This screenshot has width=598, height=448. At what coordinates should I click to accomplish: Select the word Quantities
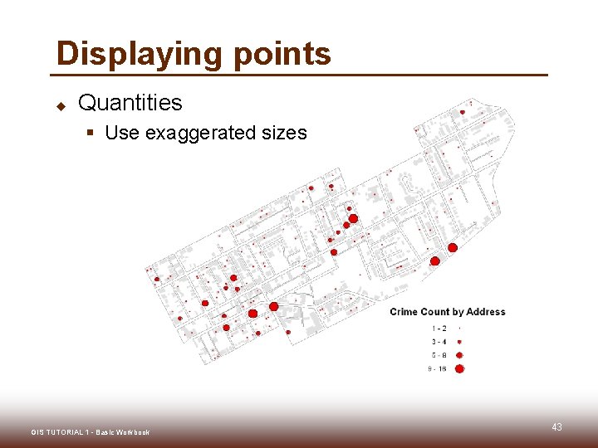(x=130, y=103)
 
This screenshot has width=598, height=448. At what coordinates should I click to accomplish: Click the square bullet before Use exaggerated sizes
(x=94, y=134)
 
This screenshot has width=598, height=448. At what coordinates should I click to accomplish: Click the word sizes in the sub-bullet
(x=285, y=133)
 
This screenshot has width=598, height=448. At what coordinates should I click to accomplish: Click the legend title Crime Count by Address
(x=447, y=312)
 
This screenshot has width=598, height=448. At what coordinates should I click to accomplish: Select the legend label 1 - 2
(x=439, y=329)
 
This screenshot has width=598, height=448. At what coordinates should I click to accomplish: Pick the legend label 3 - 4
(x=439, y=342)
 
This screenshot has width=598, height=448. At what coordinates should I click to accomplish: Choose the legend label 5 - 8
(x=439, y=355)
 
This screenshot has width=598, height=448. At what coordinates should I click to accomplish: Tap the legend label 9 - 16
(x=437, y=369)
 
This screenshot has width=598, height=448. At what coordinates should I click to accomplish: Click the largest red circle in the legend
(x=459, y=369)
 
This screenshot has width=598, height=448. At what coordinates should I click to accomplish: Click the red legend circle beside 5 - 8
(x=459, y=355)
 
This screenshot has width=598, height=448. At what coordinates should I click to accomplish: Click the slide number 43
(x=556, y=427)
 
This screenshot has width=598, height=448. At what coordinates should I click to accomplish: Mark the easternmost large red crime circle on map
(x=453, y=247)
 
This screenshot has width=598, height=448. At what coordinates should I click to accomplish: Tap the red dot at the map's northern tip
(x=463, y=112)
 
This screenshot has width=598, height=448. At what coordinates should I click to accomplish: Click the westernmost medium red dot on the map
(x=157, y=279)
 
